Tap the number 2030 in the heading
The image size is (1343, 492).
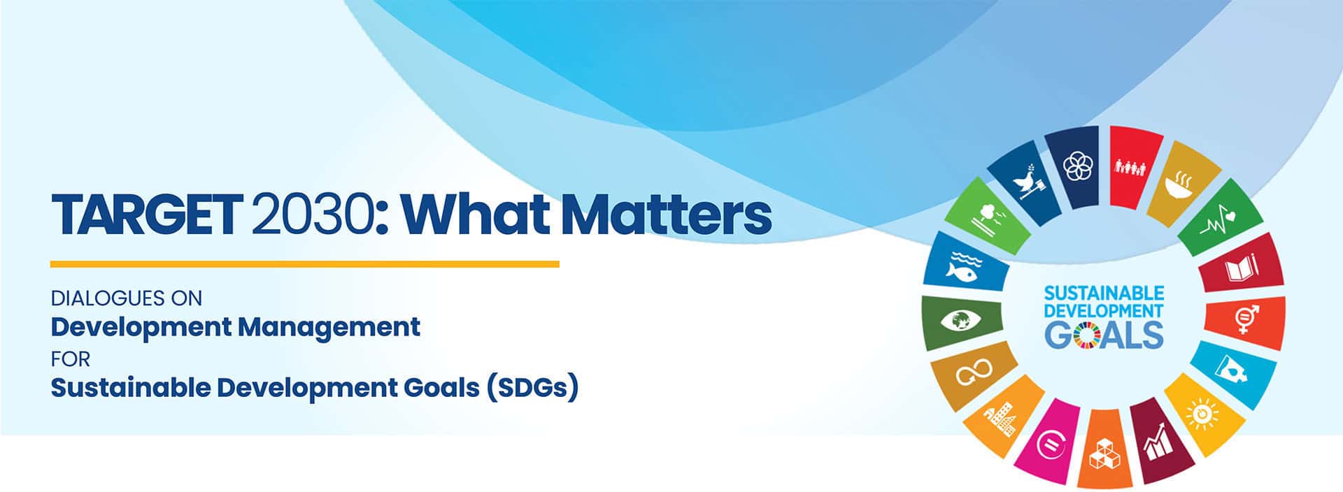tap(311, 215)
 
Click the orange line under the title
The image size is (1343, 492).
tap(305, 264)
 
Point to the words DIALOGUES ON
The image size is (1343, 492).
tap(127, 298)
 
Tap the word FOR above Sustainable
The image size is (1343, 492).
tap(71, 359)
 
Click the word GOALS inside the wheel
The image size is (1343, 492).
tap(1104, 335)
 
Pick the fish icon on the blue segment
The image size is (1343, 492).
tap(963, 266)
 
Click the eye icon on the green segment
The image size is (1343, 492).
tap(960, 321)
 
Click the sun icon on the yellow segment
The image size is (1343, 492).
tap(1202, 412)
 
